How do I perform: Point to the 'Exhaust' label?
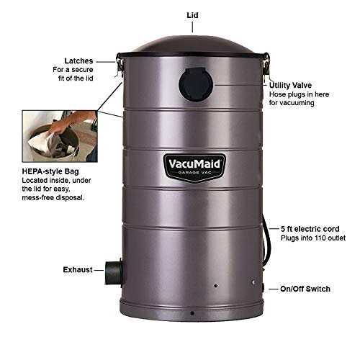(x=78, y=269)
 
